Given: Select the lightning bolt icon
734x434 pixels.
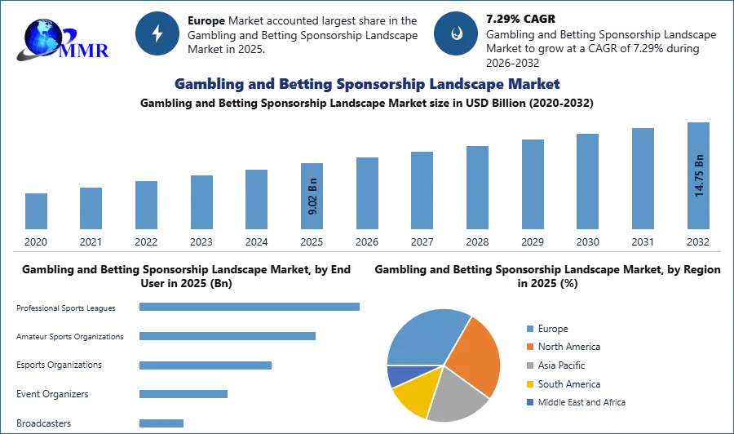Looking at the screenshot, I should pos(157,33).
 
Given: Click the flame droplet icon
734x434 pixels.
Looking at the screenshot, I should pos(456,33).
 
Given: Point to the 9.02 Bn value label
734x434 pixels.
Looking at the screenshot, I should pos(313,196).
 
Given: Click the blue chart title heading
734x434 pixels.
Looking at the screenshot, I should pos(366,84).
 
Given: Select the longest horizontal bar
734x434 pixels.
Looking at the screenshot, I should pos(250,307).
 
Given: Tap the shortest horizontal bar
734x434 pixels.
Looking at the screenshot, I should pos(162,423).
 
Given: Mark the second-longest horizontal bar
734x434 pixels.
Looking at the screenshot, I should pos(228,336).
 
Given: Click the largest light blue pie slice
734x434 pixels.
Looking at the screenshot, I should pos(424,334).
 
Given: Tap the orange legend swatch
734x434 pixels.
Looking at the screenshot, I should pos(528,346).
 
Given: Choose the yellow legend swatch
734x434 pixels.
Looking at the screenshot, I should pos(528,384).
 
